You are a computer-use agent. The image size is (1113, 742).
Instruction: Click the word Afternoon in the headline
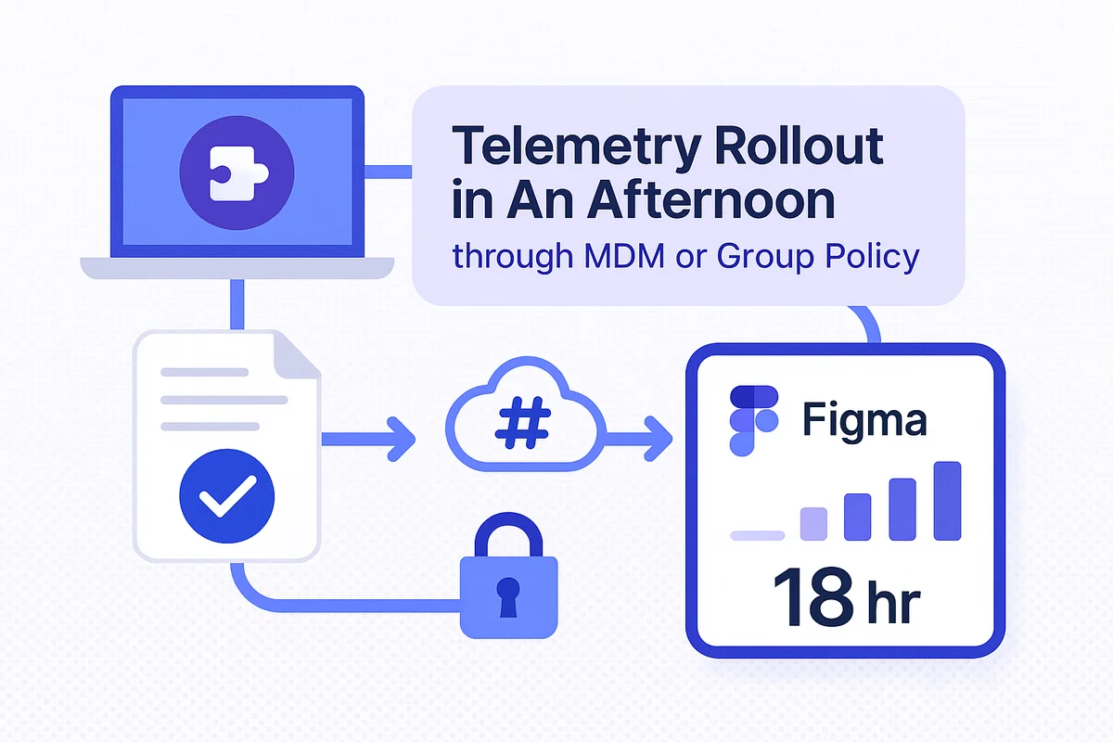pos(711,200)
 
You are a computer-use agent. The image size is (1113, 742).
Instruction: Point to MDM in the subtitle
pos(624,256)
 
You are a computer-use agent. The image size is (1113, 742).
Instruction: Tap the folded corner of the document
pos(297,355)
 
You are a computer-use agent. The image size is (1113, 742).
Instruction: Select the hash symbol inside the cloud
pos(523,422)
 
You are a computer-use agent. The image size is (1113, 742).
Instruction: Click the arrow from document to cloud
pos(369,440)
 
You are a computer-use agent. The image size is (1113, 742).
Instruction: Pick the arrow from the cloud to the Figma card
pos(637,439)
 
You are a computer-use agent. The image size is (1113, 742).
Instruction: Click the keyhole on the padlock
pos(508,597)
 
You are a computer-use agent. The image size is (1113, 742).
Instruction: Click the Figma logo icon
pos(754,420)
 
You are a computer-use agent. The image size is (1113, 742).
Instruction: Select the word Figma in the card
pos(864,421)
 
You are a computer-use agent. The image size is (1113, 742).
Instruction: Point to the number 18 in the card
pos(813,597)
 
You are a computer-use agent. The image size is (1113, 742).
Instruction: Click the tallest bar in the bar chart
pos(947,501)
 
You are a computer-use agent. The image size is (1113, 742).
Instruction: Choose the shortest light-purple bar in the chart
pos(757,535)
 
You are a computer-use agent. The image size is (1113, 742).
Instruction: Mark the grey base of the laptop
pos(237,268)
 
